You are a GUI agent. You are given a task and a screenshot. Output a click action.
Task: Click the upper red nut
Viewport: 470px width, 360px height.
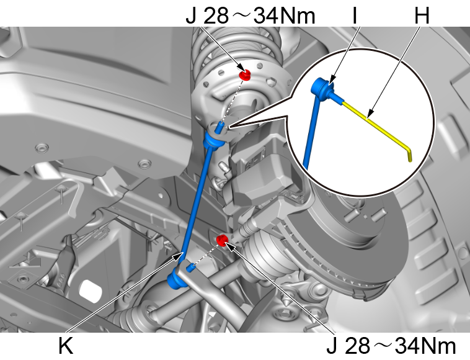click(x=245, y=75)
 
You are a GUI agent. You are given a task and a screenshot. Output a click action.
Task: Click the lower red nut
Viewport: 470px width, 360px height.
click(x=222, y=239)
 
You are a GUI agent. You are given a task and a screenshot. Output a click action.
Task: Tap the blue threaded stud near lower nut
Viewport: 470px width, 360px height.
click(x=192, y=268)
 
